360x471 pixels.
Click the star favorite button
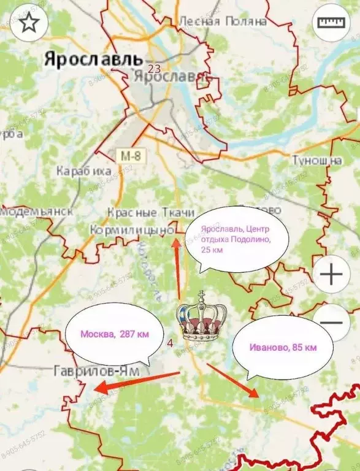point(28,23)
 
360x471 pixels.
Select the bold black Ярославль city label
point(93,59)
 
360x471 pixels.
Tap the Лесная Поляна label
point(223,21)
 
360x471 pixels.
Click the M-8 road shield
point(130,155)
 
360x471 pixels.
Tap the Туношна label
point(316,160)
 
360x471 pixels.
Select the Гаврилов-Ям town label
point(96,372)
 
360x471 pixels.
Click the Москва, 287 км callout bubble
point(115,335)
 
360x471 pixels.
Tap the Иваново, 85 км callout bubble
point(283,348)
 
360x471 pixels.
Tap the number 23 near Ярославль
point(154,69)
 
